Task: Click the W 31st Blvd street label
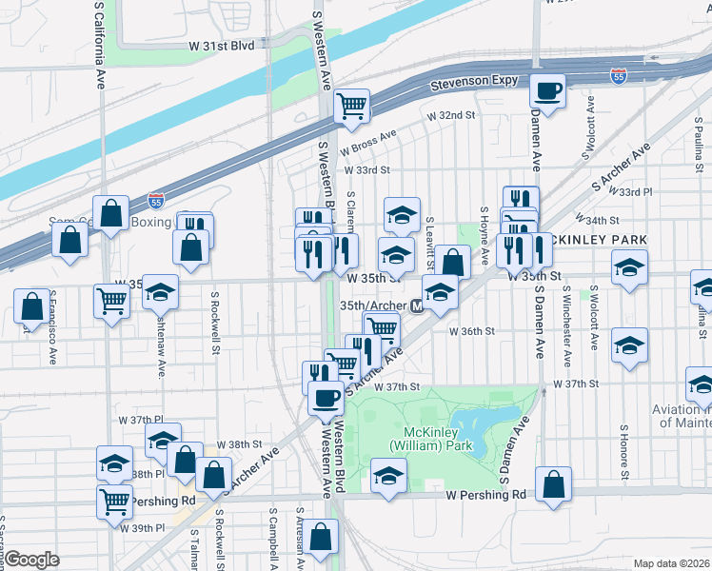click(x=222, y=45)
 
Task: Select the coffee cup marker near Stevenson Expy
click(x=547, y=92)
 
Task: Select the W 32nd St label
click(x=451, y=115)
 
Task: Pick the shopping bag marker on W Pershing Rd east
click(x=553, y=485)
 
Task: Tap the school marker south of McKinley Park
click(x=387, y=478)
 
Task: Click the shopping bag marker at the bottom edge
click(x=323, y=538)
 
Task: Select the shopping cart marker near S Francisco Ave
click(x=112, y=303)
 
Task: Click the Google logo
click(x=32, y=560)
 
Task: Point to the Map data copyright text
click(x=670, y=563)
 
